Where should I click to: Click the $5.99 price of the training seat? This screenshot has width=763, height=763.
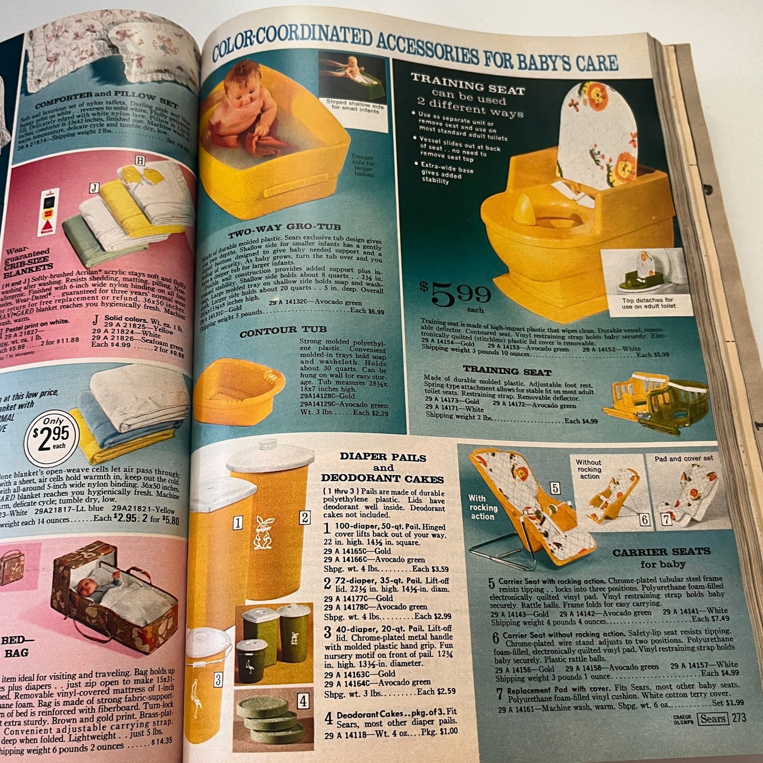tap(455, 295)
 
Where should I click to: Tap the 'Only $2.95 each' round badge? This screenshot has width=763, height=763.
tap(51, 438)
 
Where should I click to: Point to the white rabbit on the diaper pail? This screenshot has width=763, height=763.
tap(263, 533)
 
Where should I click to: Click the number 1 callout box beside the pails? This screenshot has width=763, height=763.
tap(238, 523)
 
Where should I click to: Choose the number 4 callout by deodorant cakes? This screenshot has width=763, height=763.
tap(303, 701)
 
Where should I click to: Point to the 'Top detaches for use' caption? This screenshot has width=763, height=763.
tap(647, 303)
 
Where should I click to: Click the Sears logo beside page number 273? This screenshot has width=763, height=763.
tap(712, 718)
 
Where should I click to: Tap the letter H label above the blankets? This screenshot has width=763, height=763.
tap(140, 161)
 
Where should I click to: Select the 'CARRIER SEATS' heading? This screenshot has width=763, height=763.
tap(661, 552)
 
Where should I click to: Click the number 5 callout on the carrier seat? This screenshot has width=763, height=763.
tap(554, 487)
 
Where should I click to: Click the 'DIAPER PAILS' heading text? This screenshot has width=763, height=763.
tap(382, 457)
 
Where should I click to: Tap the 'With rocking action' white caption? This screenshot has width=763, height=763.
tap(483, 507)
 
